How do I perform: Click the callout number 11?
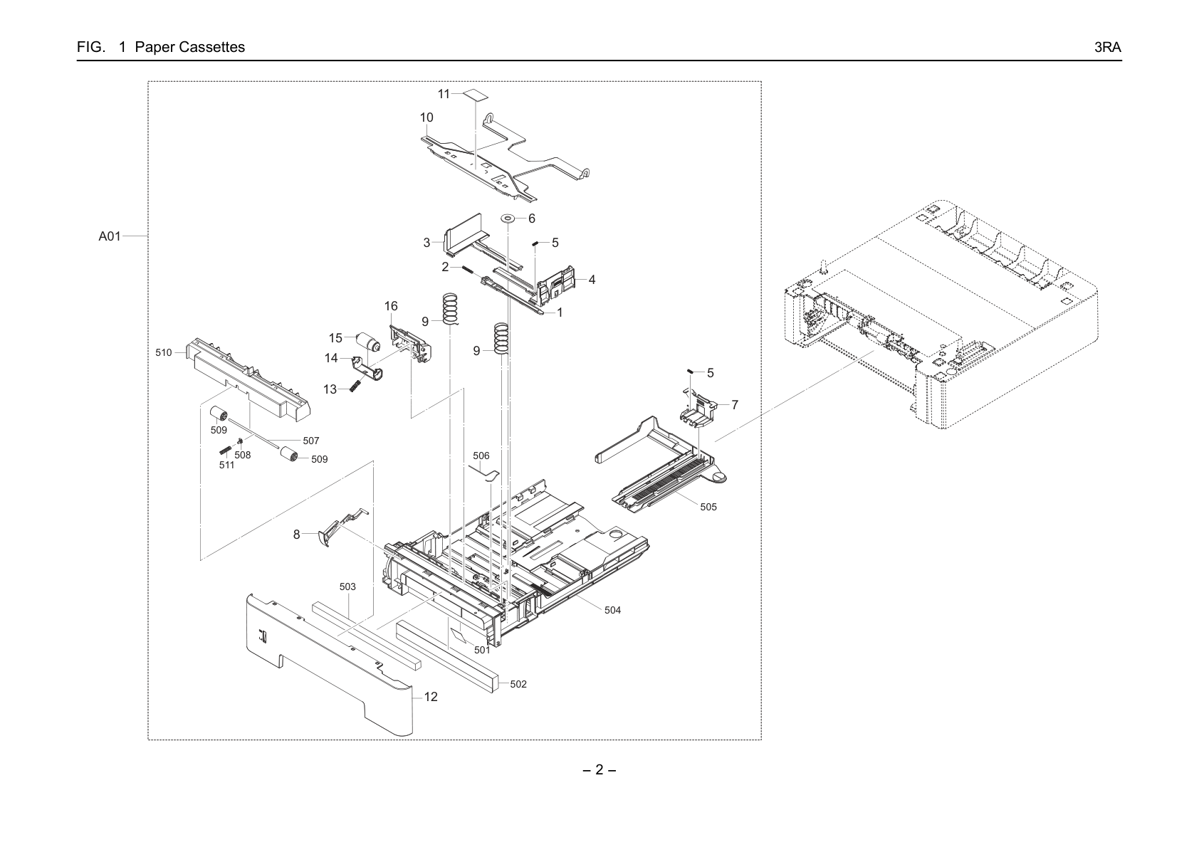444,94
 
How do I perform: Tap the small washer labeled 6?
507,219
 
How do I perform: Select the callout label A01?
110,236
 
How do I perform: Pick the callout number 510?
164,352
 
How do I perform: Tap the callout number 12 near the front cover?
431,697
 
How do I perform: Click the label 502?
518,684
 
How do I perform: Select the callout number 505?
708,507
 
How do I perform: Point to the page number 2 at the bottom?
599,769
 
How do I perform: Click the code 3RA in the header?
1107,47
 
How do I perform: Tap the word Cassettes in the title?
212,47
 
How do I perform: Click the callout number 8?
296,534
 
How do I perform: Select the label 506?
481,456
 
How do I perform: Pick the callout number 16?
391,306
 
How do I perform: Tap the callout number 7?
735,405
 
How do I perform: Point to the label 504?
612,610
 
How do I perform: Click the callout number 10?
426,117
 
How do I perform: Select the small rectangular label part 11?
476,95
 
